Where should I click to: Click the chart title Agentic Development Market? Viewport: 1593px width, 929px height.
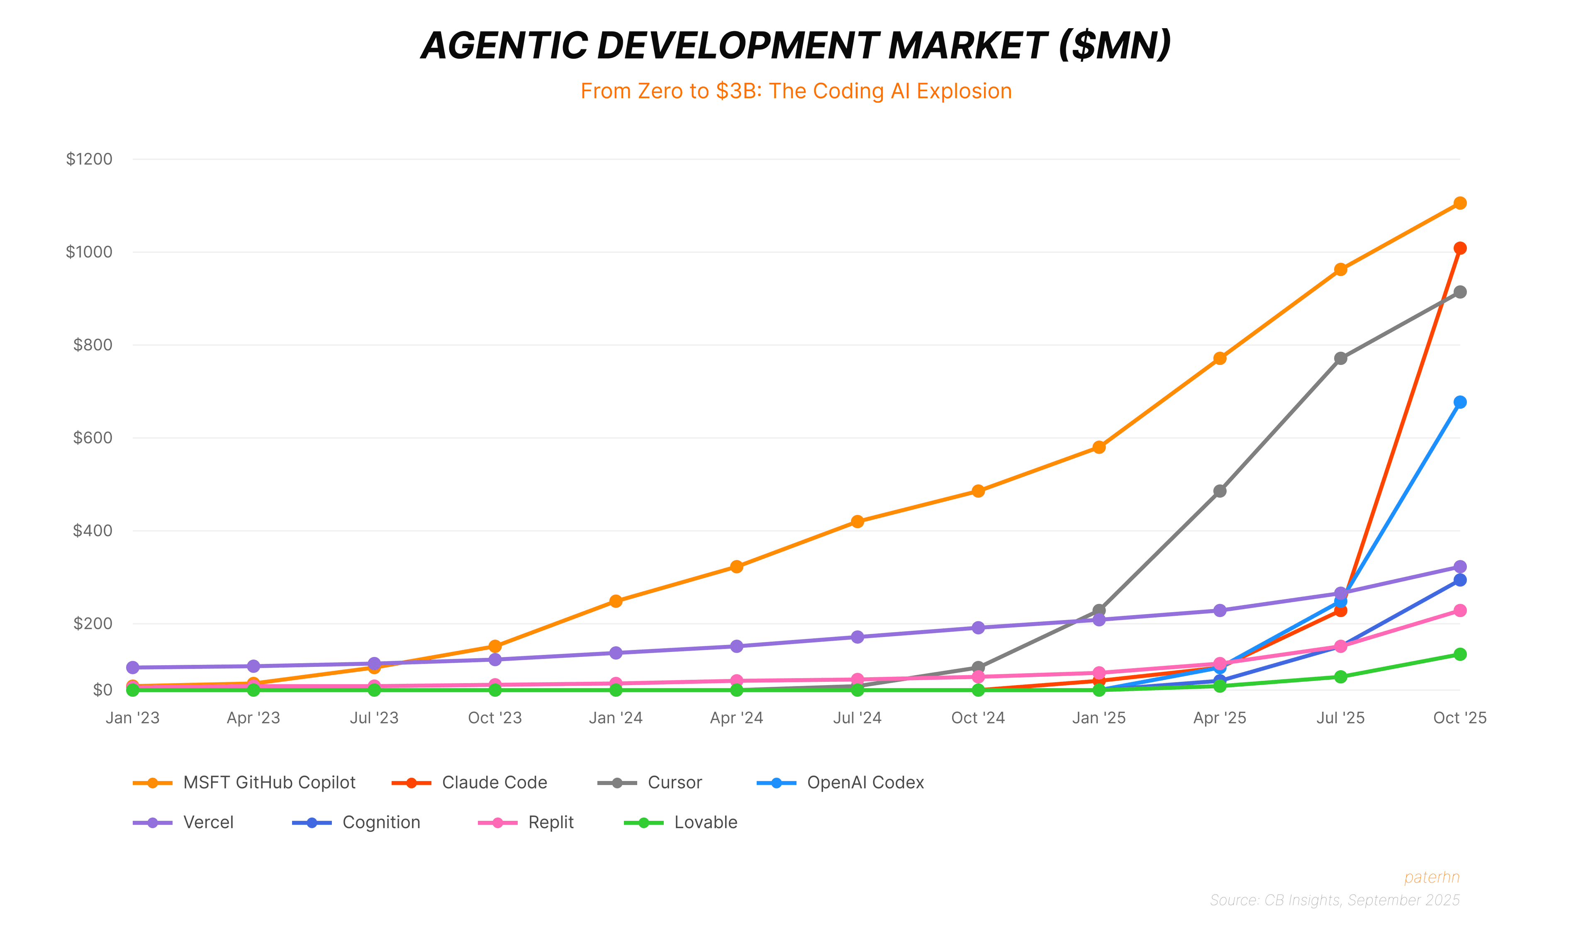pos(796,46)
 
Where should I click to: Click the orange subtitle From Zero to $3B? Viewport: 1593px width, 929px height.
pos(796,91)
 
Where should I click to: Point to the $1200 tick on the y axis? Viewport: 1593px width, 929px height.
pos(89,159)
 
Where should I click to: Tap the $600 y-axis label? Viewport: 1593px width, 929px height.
pos(92,438)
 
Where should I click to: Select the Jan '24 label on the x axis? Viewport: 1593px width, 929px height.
pos(616,718)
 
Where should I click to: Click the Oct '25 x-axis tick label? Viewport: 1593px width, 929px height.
pos(1459,718)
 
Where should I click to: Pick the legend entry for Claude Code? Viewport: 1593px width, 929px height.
pos(493,782)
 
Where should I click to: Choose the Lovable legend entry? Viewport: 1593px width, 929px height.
pos(705,822)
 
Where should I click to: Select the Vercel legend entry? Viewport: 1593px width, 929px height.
pos(207,822)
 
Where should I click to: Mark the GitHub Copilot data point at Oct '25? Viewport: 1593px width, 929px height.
pos(1459,203)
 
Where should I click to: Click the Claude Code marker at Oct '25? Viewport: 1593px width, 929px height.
pos(1459,248)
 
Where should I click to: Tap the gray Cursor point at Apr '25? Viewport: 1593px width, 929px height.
pos(1219,491)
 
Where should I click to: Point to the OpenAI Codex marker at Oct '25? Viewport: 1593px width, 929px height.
pos(1459,402)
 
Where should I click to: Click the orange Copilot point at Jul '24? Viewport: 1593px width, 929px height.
pos(857,521)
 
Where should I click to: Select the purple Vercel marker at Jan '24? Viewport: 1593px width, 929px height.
pos(616,653)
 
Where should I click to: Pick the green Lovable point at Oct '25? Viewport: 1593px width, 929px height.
pos(1459,654)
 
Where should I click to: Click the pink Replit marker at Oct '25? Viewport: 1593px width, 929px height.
pos(1459,610)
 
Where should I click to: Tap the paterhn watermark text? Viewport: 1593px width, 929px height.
pos(1431,877)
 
